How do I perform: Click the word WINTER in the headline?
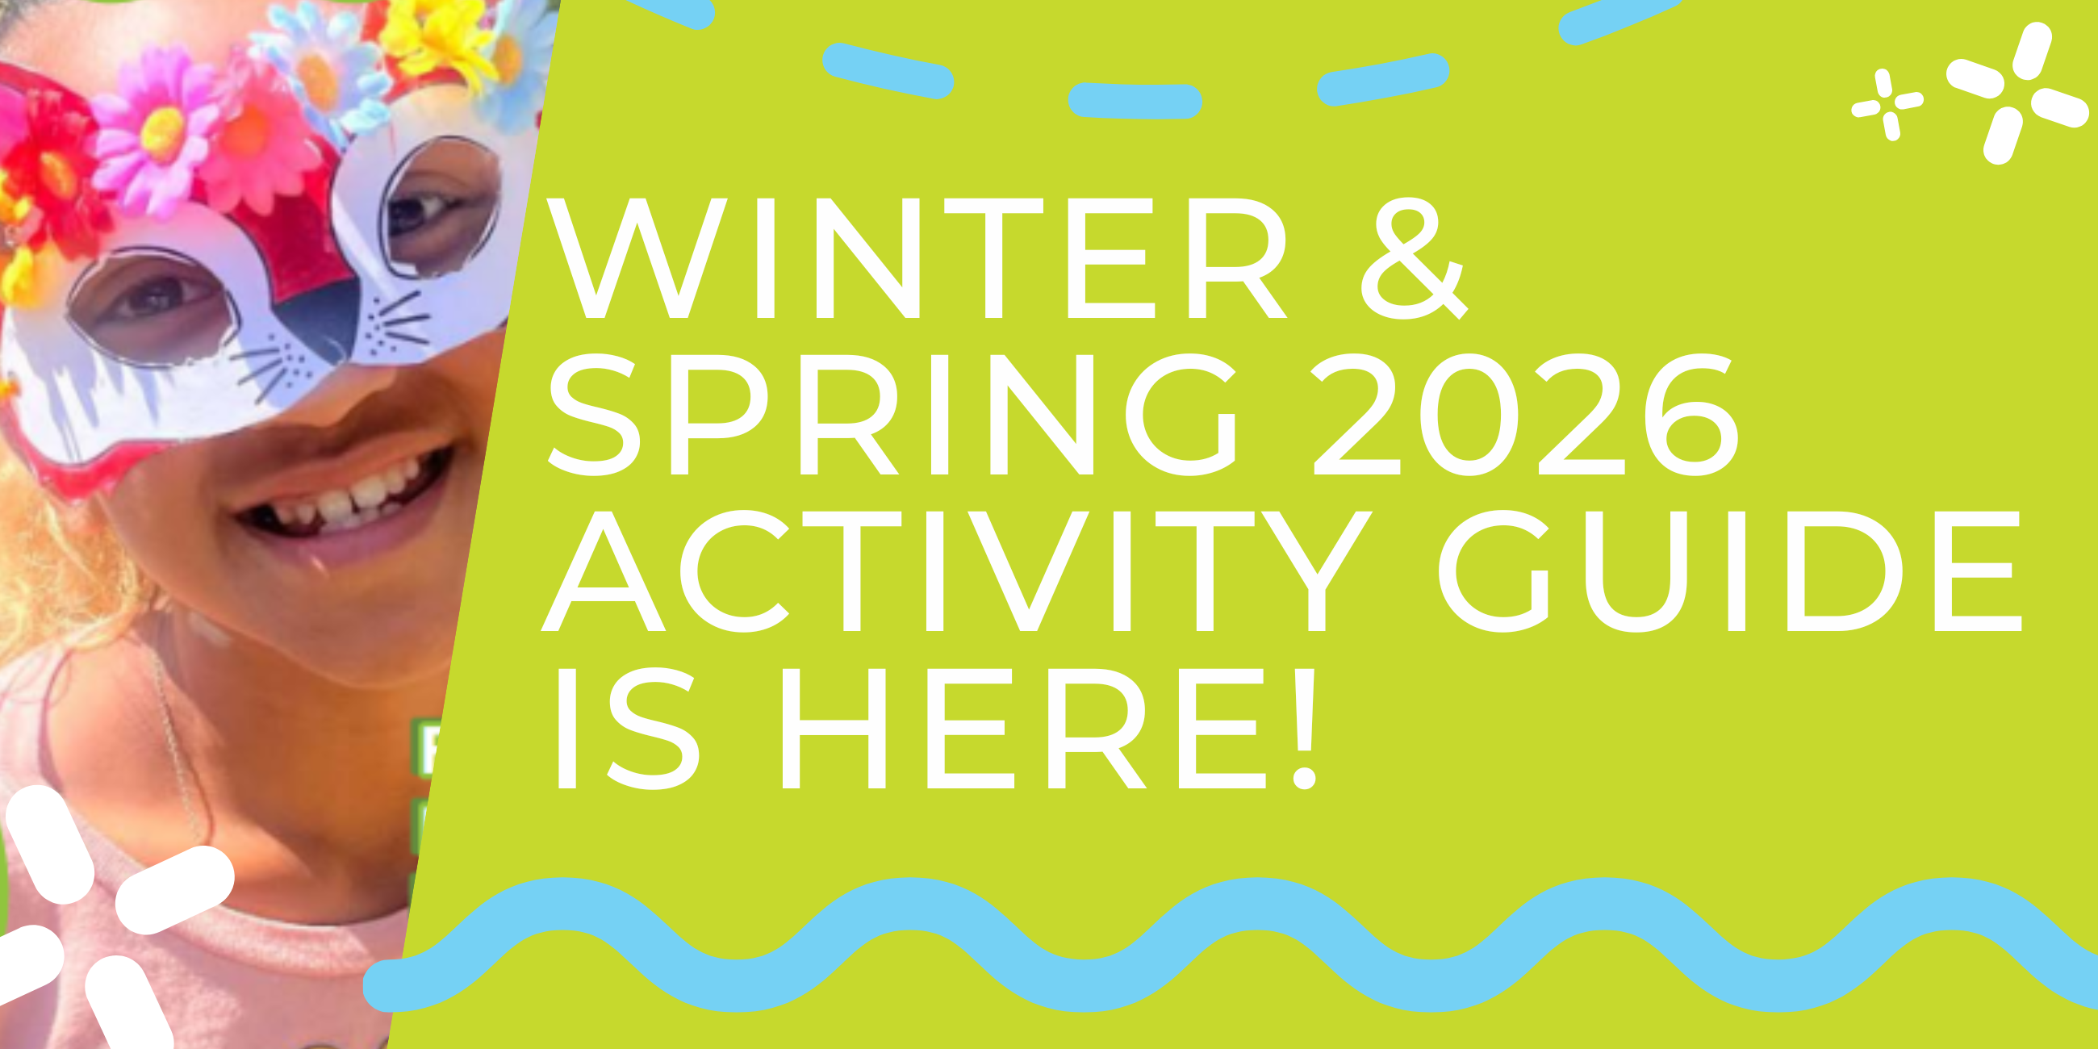pos(916,259)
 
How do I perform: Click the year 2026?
pos(1523,416)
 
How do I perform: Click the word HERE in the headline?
pos(1022,729)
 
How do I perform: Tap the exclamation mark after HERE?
pos(1304,729)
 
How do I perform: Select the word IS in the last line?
pos(627,729)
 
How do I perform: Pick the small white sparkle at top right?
pos(1887,104)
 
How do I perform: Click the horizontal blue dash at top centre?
pos(1135,101)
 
